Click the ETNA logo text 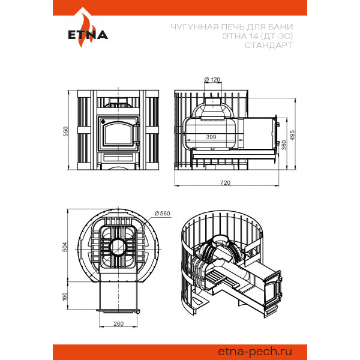pos(88,35)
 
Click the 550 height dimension pos(65,131)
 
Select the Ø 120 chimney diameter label pos(212,79)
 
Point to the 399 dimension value pos(211,137)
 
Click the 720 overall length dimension pos(225,182)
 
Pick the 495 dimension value pos(292,135)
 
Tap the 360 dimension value pos(284,145)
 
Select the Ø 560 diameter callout pos(163,213)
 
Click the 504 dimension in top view pos(65,247)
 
